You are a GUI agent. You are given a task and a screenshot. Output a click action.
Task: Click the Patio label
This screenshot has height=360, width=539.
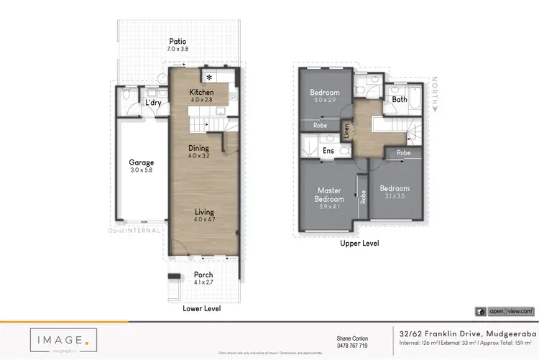(x=178, y=42)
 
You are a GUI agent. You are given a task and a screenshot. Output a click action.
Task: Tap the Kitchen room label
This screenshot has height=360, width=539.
(x=201, y=93)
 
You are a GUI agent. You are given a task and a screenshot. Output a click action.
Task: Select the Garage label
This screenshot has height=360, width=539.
(x=142, y=162)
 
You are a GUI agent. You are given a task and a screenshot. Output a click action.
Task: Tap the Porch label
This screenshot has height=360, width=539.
(x=203, y=275)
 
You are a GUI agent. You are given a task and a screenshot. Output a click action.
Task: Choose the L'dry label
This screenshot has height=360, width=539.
(x=153, y=103)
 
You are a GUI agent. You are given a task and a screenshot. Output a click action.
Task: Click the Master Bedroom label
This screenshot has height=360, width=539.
(x=331, y=195)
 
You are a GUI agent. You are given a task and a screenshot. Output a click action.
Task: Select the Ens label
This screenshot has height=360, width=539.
(x=328, y=151)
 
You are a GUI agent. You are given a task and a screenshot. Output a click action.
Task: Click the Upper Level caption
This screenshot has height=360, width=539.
(x=359, y=244)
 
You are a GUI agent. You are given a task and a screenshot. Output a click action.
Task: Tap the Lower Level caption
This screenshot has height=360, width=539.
(x=202, y=308)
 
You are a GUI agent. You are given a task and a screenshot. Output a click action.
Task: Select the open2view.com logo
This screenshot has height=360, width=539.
(x=505, y=311)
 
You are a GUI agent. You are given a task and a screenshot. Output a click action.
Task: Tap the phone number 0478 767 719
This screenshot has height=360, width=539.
(x=352, y=346)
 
